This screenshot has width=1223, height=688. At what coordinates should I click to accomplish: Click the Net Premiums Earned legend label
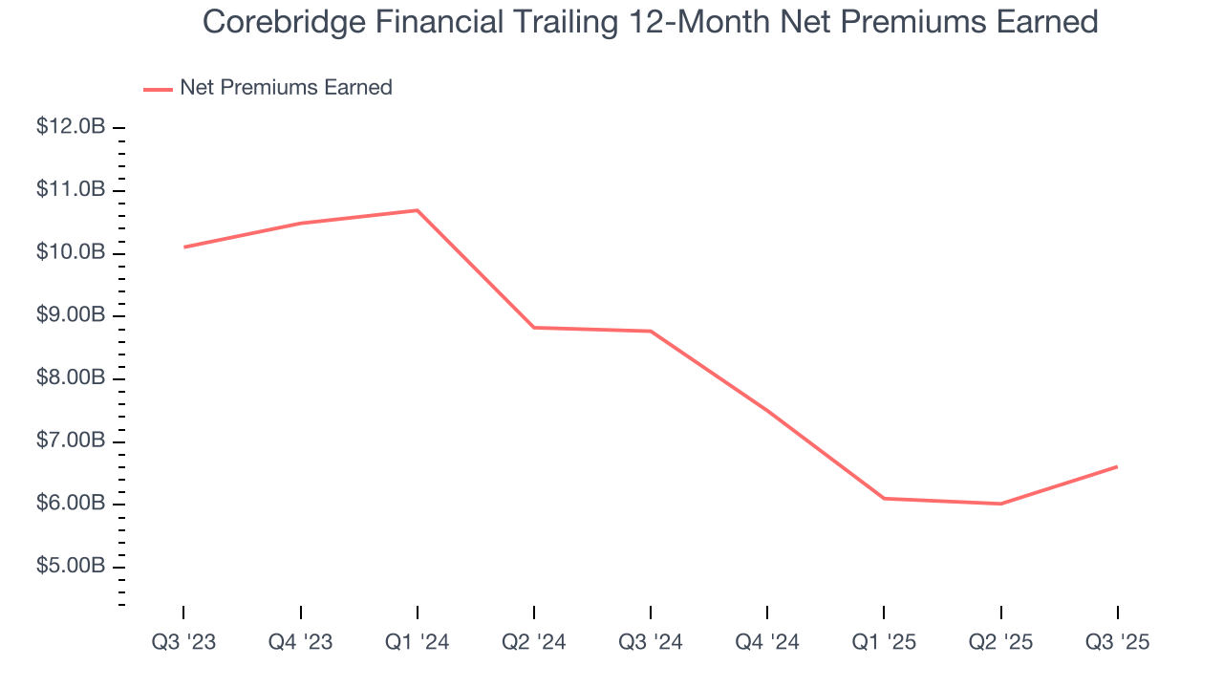coord(286,87)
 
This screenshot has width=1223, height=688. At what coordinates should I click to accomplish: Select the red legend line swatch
coord(158,89)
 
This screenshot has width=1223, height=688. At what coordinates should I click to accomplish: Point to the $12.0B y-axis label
coord(71,127)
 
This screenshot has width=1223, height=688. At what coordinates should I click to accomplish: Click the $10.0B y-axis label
coord(71,252)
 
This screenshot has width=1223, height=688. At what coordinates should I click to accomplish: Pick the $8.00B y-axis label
coord(71,378)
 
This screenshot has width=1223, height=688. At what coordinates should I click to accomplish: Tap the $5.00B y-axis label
coord(71,567)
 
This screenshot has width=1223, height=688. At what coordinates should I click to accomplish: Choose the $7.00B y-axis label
coord(71,441)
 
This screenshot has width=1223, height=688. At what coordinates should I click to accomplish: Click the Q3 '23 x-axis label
coord(183,642)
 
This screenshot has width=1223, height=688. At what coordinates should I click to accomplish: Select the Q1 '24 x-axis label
coord(418,642)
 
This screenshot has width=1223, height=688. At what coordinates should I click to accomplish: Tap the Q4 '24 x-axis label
coord(767,642)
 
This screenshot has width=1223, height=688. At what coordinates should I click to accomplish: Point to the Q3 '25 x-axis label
coord(1117,642)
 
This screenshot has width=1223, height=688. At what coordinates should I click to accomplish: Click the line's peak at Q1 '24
coord(418,210)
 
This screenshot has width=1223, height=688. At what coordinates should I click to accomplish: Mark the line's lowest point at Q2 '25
coord(1000,504)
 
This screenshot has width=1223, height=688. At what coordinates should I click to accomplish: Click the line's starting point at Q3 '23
coord(183,247)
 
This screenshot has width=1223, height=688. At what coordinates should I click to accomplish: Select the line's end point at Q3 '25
coord(1117,466)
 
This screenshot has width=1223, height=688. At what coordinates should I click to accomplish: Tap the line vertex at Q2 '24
coord(534,328)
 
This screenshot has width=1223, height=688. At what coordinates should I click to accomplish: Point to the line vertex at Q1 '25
coord(884,498)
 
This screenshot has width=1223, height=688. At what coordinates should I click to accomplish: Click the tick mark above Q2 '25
coord(1000,612)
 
